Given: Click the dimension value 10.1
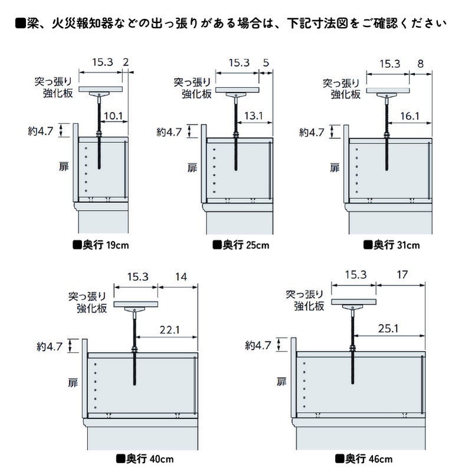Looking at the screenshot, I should click(113, 116).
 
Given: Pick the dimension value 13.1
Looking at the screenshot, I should click(253, 116).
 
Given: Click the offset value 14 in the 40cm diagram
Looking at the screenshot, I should click(181, 276).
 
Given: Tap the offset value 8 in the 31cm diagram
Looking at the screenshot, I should click(419, 63).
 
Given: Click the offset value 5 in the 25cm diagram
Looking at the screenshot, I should click(265, 62).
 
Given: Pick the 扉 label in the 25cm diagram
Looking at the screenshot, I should click(192, 168).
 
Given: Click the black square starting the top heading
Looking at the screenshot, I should click(20, 24).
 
